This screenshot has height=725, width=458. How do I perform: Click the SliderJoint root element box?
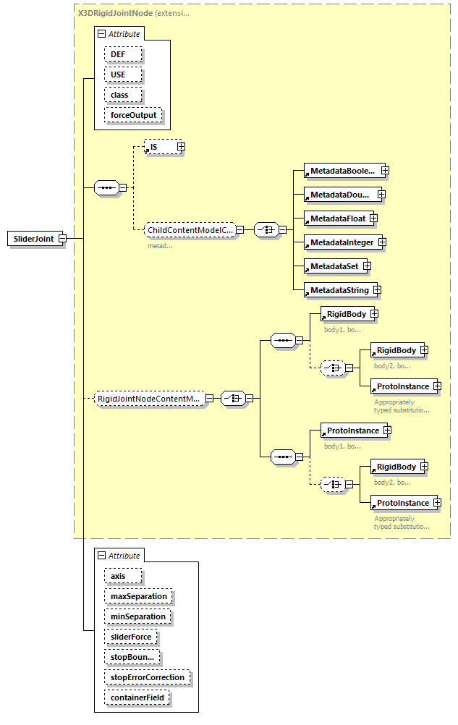(33, 239)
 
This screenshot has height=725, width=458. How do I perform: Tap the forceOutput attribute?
(133, 115)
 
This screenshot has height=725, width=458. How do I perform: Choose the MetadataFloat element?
(335, 218)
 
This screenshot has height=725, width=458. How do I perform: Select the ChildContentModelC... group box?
(190, 230)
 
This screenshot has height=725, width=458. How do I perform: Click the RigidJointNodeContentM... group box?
(149, 398)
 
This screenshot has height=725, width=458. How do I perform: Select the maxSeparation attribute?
(138, 596)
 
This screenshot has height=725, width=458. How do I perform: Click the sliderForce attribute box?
(130, 637)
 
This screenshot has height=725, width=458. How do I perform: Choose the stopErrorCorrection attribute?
(148, 677)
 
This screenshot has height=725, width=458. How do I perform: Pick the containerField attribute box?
(138, 698)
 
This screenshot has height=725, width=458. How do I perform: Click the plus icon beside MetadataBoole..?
(385, 171)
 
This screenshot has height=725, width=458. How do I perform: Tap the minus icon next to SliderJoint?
(63, 239)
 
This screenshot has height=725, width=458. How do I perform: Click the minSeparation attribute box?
(137, 616)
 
